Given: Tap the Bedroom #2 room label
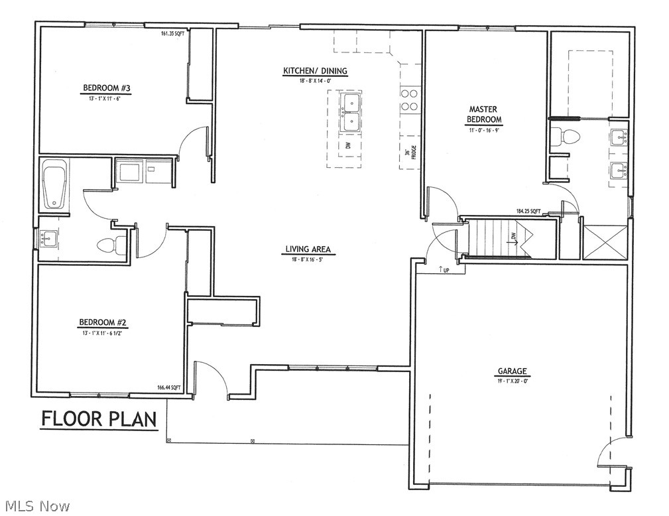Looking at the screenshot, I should [103, 323].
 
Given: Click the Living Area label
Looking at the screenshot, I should [308, 250].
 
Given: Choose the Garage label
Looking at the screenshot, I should [513, 371].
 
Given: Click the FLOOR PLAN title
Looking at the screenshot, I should [99, 419].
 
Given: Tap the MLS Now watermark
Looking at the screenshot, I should [36, 506].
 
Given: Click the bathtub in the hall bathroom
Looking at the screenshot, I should [54, 186].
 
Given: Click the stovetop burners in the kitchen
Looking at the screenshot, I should [409, 99].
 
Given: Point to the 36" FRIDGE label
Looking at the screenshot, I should [409, 153].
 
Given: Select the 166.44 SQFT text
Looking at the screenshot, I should [169, 388].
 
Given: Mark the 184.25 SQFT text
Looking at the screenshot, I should [528, 212].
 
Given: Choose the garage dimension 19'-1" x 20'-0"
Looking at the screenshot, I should [513, 381].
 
